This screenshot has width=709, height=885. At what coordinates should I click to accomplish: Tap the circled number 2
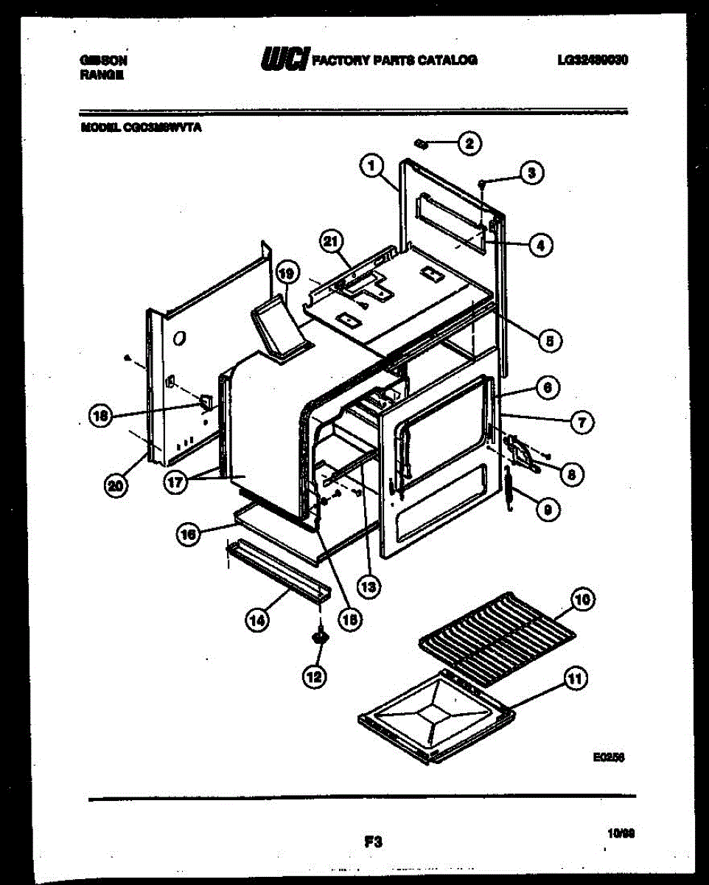469,143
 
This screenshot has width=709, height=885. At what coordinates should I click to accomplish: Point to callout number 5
548,340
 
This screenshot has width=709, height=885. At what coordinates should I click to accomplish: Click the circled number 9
546,509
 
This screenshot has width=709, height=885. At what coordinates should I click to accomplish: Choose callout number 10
581,601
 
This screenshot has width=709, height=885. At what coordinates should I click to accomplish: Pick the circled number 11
575,678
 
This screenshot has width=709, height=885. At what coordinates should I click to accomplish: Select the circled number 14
256,621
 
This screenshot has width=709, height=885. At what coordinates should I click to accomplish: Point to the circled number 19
287,274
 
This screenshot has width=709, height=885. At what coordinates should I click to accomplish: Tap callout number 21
332,241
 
